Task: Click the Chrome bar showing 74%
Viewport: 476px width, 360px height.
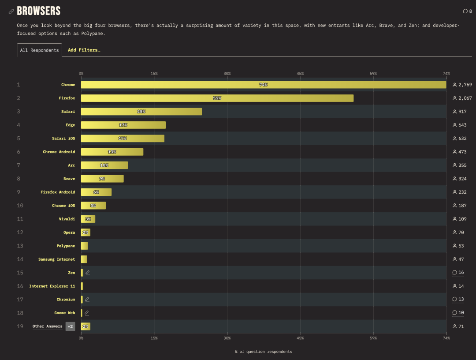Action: (x=263, y=85)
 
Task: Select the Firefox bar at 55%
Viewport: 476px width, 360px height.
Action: (x=217, y=98)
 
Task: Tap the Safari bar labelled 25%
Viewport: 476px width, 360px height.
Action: (x=141, y=112)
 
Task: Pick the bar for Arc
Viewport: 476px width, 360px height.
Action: (x=104, y=165)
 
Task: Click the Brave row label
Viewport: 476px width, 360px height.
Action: (x=69, y=179)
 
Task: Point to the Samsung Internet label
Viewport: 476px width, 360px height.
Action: (x=56, y=259)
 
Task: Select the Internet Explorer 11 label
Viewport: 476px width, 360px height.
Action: (x=52, y=286)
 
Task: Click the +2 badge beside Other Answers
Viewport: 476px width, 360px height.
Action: (x=70, y=326)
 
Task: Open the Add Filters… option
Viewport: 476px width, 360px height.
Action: (x=84, y=50)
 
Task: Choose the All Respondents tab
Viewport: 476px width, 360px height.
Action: (x=39, y=50)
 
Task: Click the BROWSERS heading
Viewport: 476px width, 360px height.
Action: (x=39, y=11)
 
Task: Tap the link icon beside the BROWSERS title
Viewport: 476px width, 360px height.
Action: (x=11, y=11)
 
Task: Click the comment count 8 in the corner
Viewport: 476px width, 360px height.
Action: (x=468, y=11)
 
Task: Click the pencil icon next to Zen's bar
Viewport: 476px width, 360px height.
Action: (x=88, y=273)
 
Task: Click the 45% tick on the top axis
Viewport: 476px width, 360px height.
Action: (x=300, y=73)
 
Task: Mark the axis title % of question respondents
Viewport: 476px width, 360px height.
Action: (x=263, y=352)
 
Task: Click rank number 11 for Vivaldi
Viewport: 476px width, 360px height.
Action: (x=20, y=219)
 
